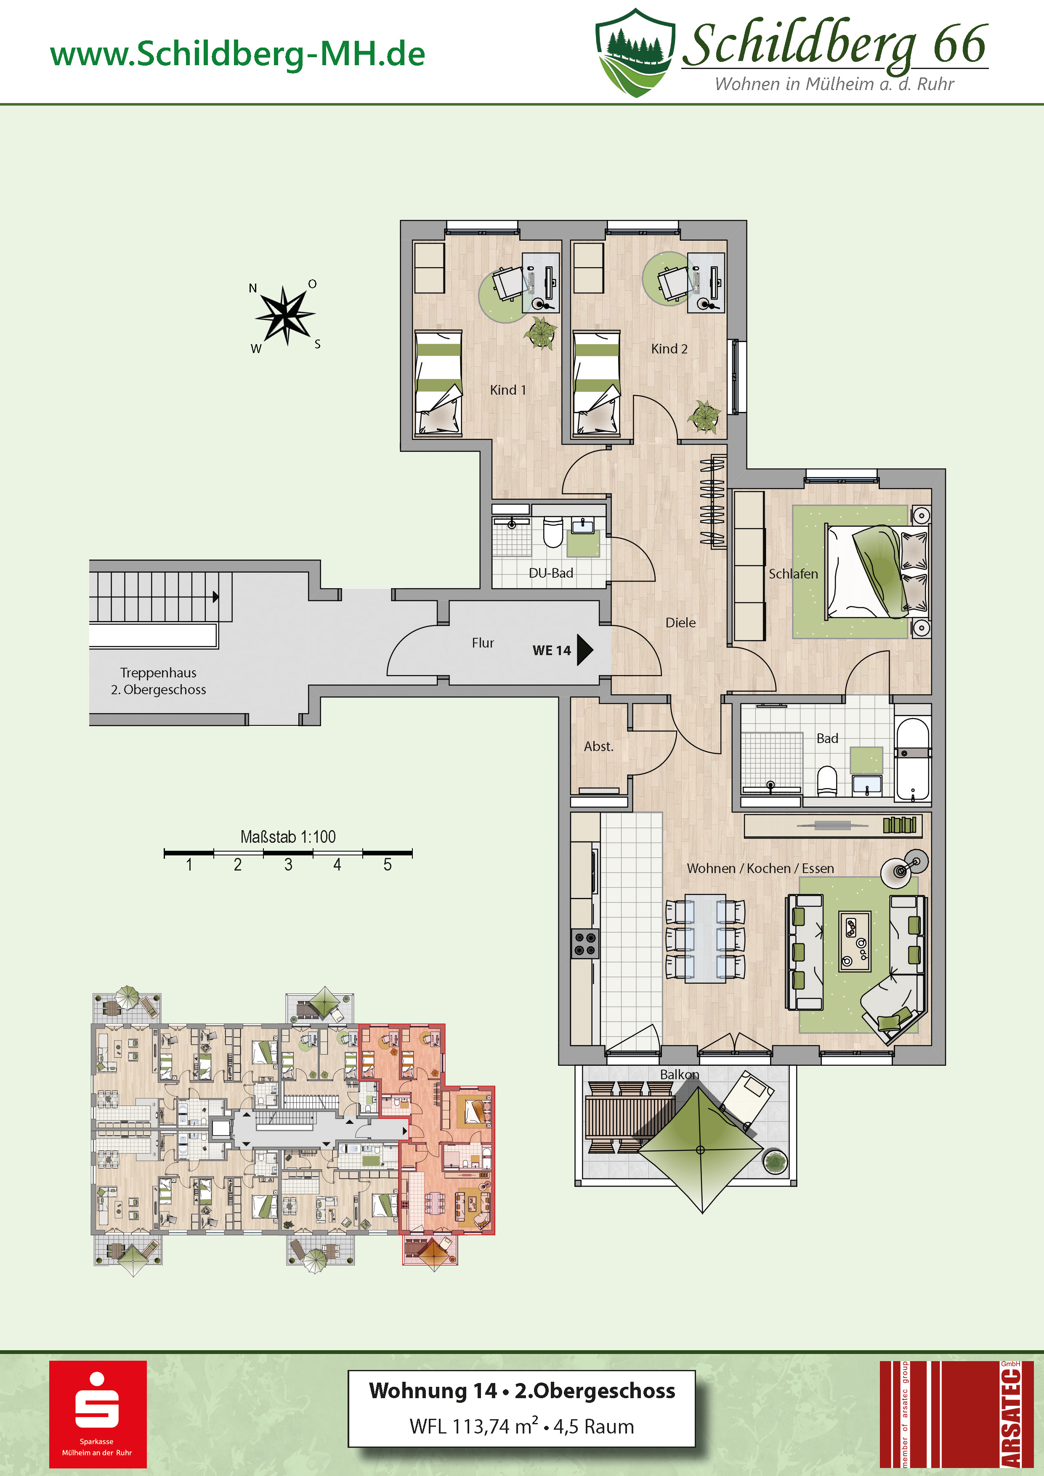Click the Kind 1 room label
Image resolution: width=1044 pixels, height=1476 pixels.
click(508, 390)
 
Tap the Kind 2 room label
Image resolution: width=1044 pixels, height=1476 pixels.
click(669, 348)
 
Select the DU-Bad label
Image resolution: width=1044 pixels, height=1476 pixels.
click(551, 573)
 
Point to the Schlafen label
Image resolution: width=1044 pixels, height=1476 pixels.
click(793, 573)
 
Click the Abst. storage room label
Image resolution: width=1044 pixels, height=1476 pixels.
click(598, 746)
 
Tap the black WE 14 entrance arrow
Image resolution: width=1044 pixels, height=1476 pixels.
click(585, 650)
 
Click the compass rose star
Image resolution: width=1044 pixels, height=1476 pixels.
click(285, 315)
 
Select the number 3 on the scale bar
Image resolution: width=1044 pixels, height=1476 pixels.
click(288, 865)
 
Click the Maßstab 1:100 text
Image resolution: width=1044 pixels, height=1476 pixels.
click(288, 836)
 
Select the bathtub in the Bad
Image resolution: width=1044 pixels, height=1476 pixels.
click(913, 759)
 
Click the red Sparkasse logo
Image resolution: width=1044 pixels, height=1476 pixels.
click(98, 1414)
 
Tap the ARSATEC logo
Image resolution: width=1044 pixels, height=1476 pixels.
click(956, 1414)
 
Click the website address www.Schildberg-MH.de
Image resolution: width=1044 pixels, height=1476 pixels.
click(238, 54)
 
